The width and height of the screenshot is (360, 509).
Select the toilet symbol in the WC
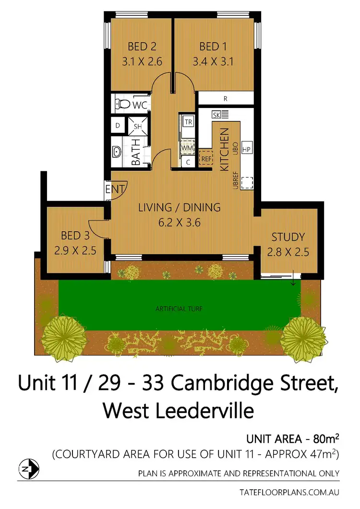point(123,104)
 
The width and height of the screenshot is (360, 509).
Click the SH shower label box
point(137,127)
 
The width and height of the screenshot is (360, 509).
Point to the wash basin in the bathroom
point(117,153)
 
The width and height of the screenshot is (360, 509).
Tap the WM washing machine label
point(187,147)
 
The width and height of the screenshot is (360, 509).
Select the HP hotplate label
point(247,149)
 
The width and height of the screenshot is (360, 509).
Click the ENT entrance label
point(115,188)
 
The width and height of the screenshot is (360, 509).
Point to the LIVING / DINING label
point(179,208)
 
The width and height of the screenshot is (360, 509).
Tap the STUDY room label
point(288,237)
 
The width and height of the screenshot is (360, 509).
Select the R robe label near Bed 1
point(225,99)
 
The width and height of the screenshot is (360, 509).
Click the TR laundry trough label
point(189,122)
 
